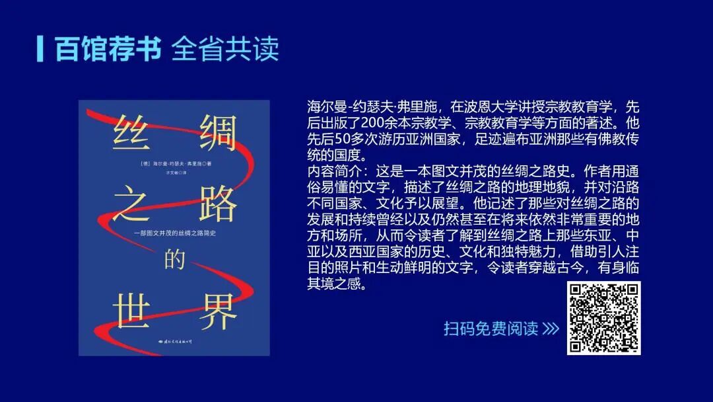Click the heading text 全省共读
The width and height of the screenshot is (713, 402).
225,49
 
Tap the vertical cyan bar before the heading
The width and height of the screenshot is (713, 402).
40,48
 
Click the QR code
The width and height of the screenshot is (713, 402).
603,317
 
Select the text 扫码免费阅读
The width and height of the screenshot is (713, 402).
491,329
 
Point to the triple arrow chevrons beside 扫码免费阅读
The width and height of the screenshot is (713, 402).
551,329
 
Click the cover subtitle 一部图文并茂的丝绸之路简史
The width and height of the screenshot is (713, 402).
174,233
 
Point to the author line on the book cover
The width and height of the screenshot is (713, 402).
170,163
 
